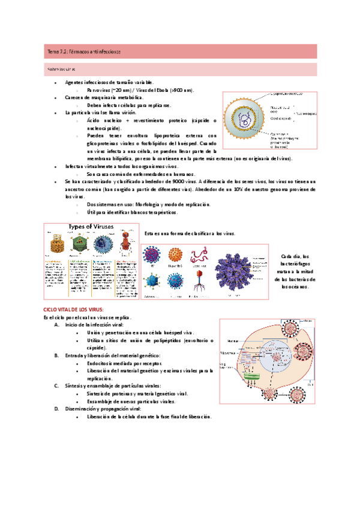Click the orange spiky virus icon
176,256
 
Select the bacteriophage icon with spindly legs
200,280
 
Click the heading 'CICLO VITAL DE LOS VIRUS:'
73,309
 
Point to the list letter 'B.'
56,355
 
